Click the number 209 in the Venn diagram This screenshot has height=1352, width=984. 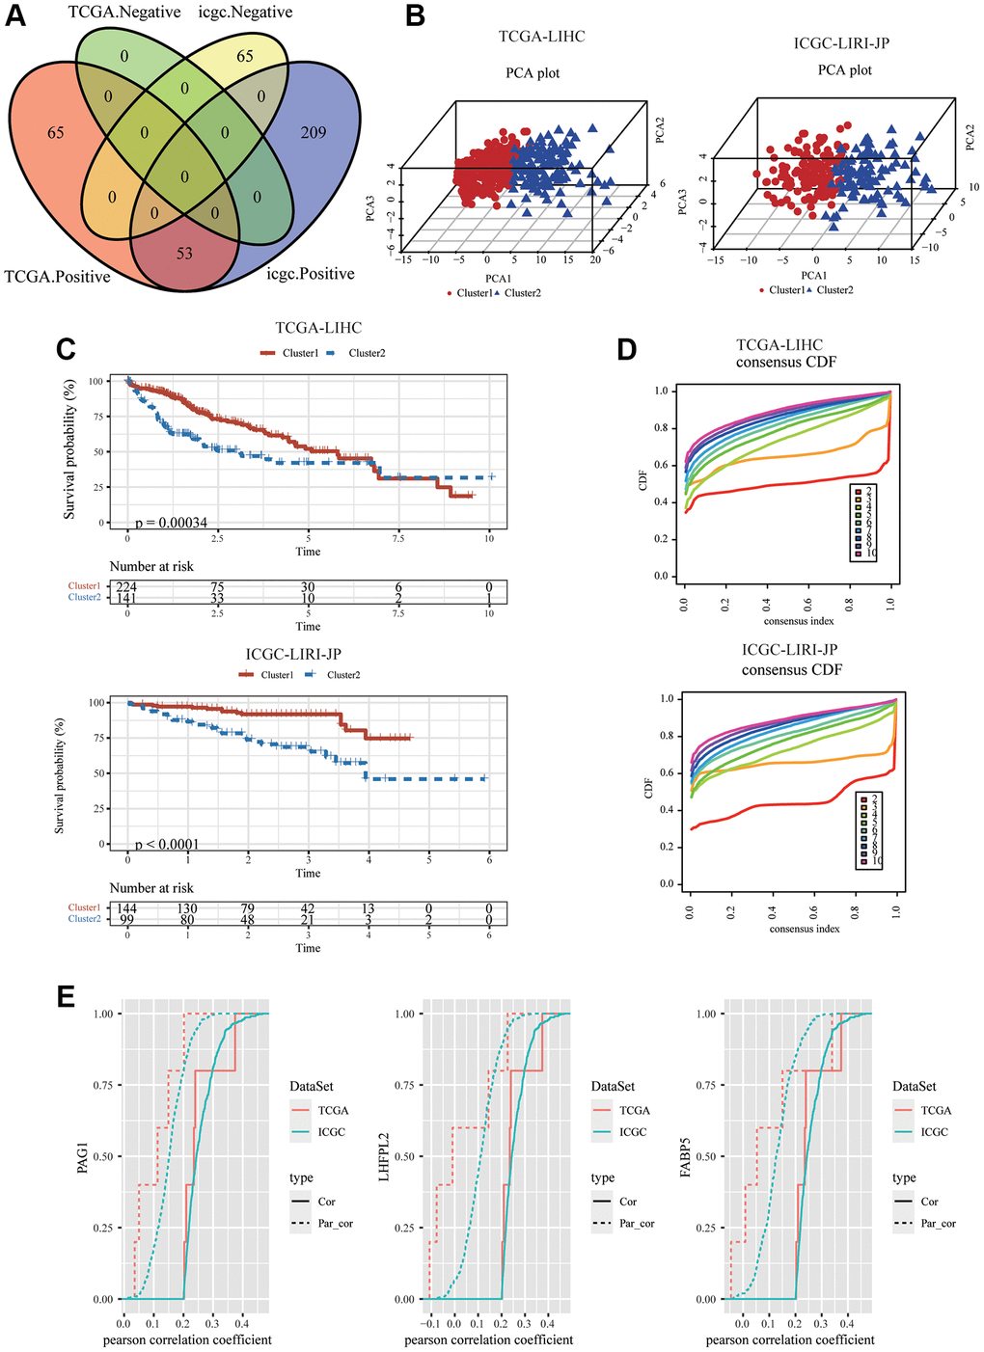click(x=314, y=132)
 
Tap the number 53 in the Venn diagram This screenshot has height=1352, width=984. click(x=184, y=253)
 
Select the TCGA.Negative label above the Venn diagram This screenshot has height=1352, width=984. click(x=124, y=13)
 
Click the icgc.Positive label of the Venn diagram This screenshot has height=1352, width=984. click(x=310, y=274)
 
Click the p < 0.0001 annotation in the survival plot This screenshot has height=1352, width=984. click(x=167, y=845)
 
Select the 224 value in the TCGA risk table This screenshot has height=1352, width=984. click(x=126, y=587)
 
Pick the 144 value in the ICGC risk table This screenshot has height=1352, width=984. click(x=126, y=908)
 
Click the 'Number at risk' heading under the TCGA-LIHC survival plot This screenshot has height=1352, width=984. click(x=151, y=567)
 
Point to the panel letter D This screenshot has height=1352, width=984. click(x=626, y=349)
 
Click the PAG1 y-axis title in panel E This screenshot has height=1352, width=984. click(x=82, y=1156)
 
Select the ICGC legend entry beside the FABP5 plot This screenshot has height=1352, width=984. click(x=934, y=1132)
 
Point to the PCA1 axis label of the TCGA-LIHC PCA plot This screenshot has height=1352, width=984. click(x=499, y=279)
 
